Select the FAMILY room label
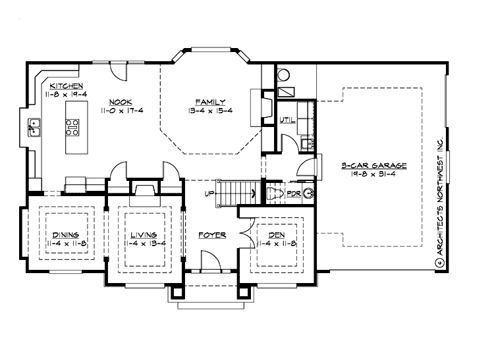pyautogui.click(x=210, y=101)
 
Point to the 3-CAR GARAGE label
pyautogui.click(x=373, y=166)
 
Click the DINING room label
pyautogui.click(x=66, y=235)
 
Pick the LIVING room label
pyautogui.click(x=143, y=235)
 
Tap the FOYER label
pyautogui.click(x=212, y=235)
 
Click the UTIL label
pyautogui.click(x=287, y=120)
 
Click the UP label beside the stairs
pyautogui.click(x=209, y=194)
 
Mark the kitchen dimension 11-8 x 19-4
pyautogui.click(x=65, y=95)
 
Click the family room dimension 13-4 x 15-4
pyautogui.click(x=210, y=110)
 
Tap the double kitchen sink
pyautogui.click(x=34, y=127)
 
